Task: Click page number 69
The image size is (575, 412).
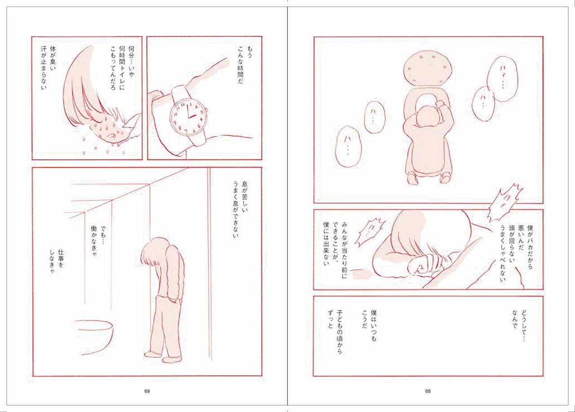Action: point(147,391)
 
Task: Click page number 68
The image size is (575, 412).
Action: point(428,391)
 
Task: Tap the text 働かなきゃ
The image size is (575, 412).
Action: point(94,243)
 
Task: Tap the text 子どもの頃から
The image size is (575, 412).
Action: point(340,332)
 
